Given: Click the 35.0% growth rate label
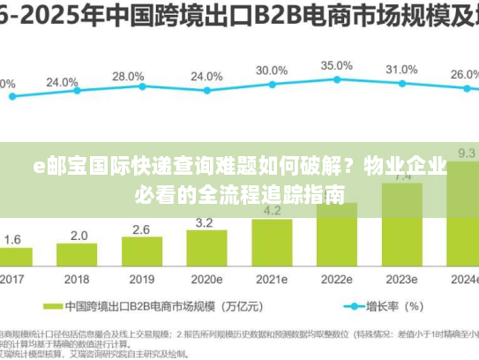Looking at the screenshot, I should pyautogui.click(x=336, y=65).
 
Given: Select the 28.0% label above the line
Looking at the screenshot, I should pyautogui.click(x=129, y=77).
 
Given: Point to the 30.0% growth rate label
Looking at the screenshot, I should pyautogui.click(x=272, y=70).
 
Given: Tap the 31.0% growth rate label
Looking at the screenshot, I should pyautogui.click(x=401, y=69).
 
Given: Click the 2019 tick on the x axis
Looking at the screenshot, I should pyautogui.click(x=141, y=280).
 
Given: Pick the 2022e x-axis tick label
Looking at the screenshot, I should pyautogui.click(x=336, y=280).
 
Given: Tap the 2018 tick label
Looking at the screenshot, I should pyautogui.click(x=78, y=280).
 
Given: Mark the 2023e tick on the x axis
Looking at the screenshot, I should pyautogui.click(x=401, y=280).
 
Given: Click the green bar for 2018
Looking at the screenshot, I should pyautogui.click(x=78, y=256).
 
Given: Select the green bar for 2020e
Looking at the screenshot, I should pyautogui.click(x=206, y=250).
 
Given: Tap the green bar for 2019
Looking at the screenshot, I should pyautogui.click(x=142, y=253).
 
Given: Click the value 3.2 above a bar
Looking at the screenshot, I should pyautogui.click(x=205, y=222).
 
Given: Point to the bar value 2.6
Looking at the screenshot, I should pyautogui.click(x=141, y=229).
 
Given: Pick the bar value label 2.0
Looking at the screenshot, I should pyautogui.click(x=79, y=236).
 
